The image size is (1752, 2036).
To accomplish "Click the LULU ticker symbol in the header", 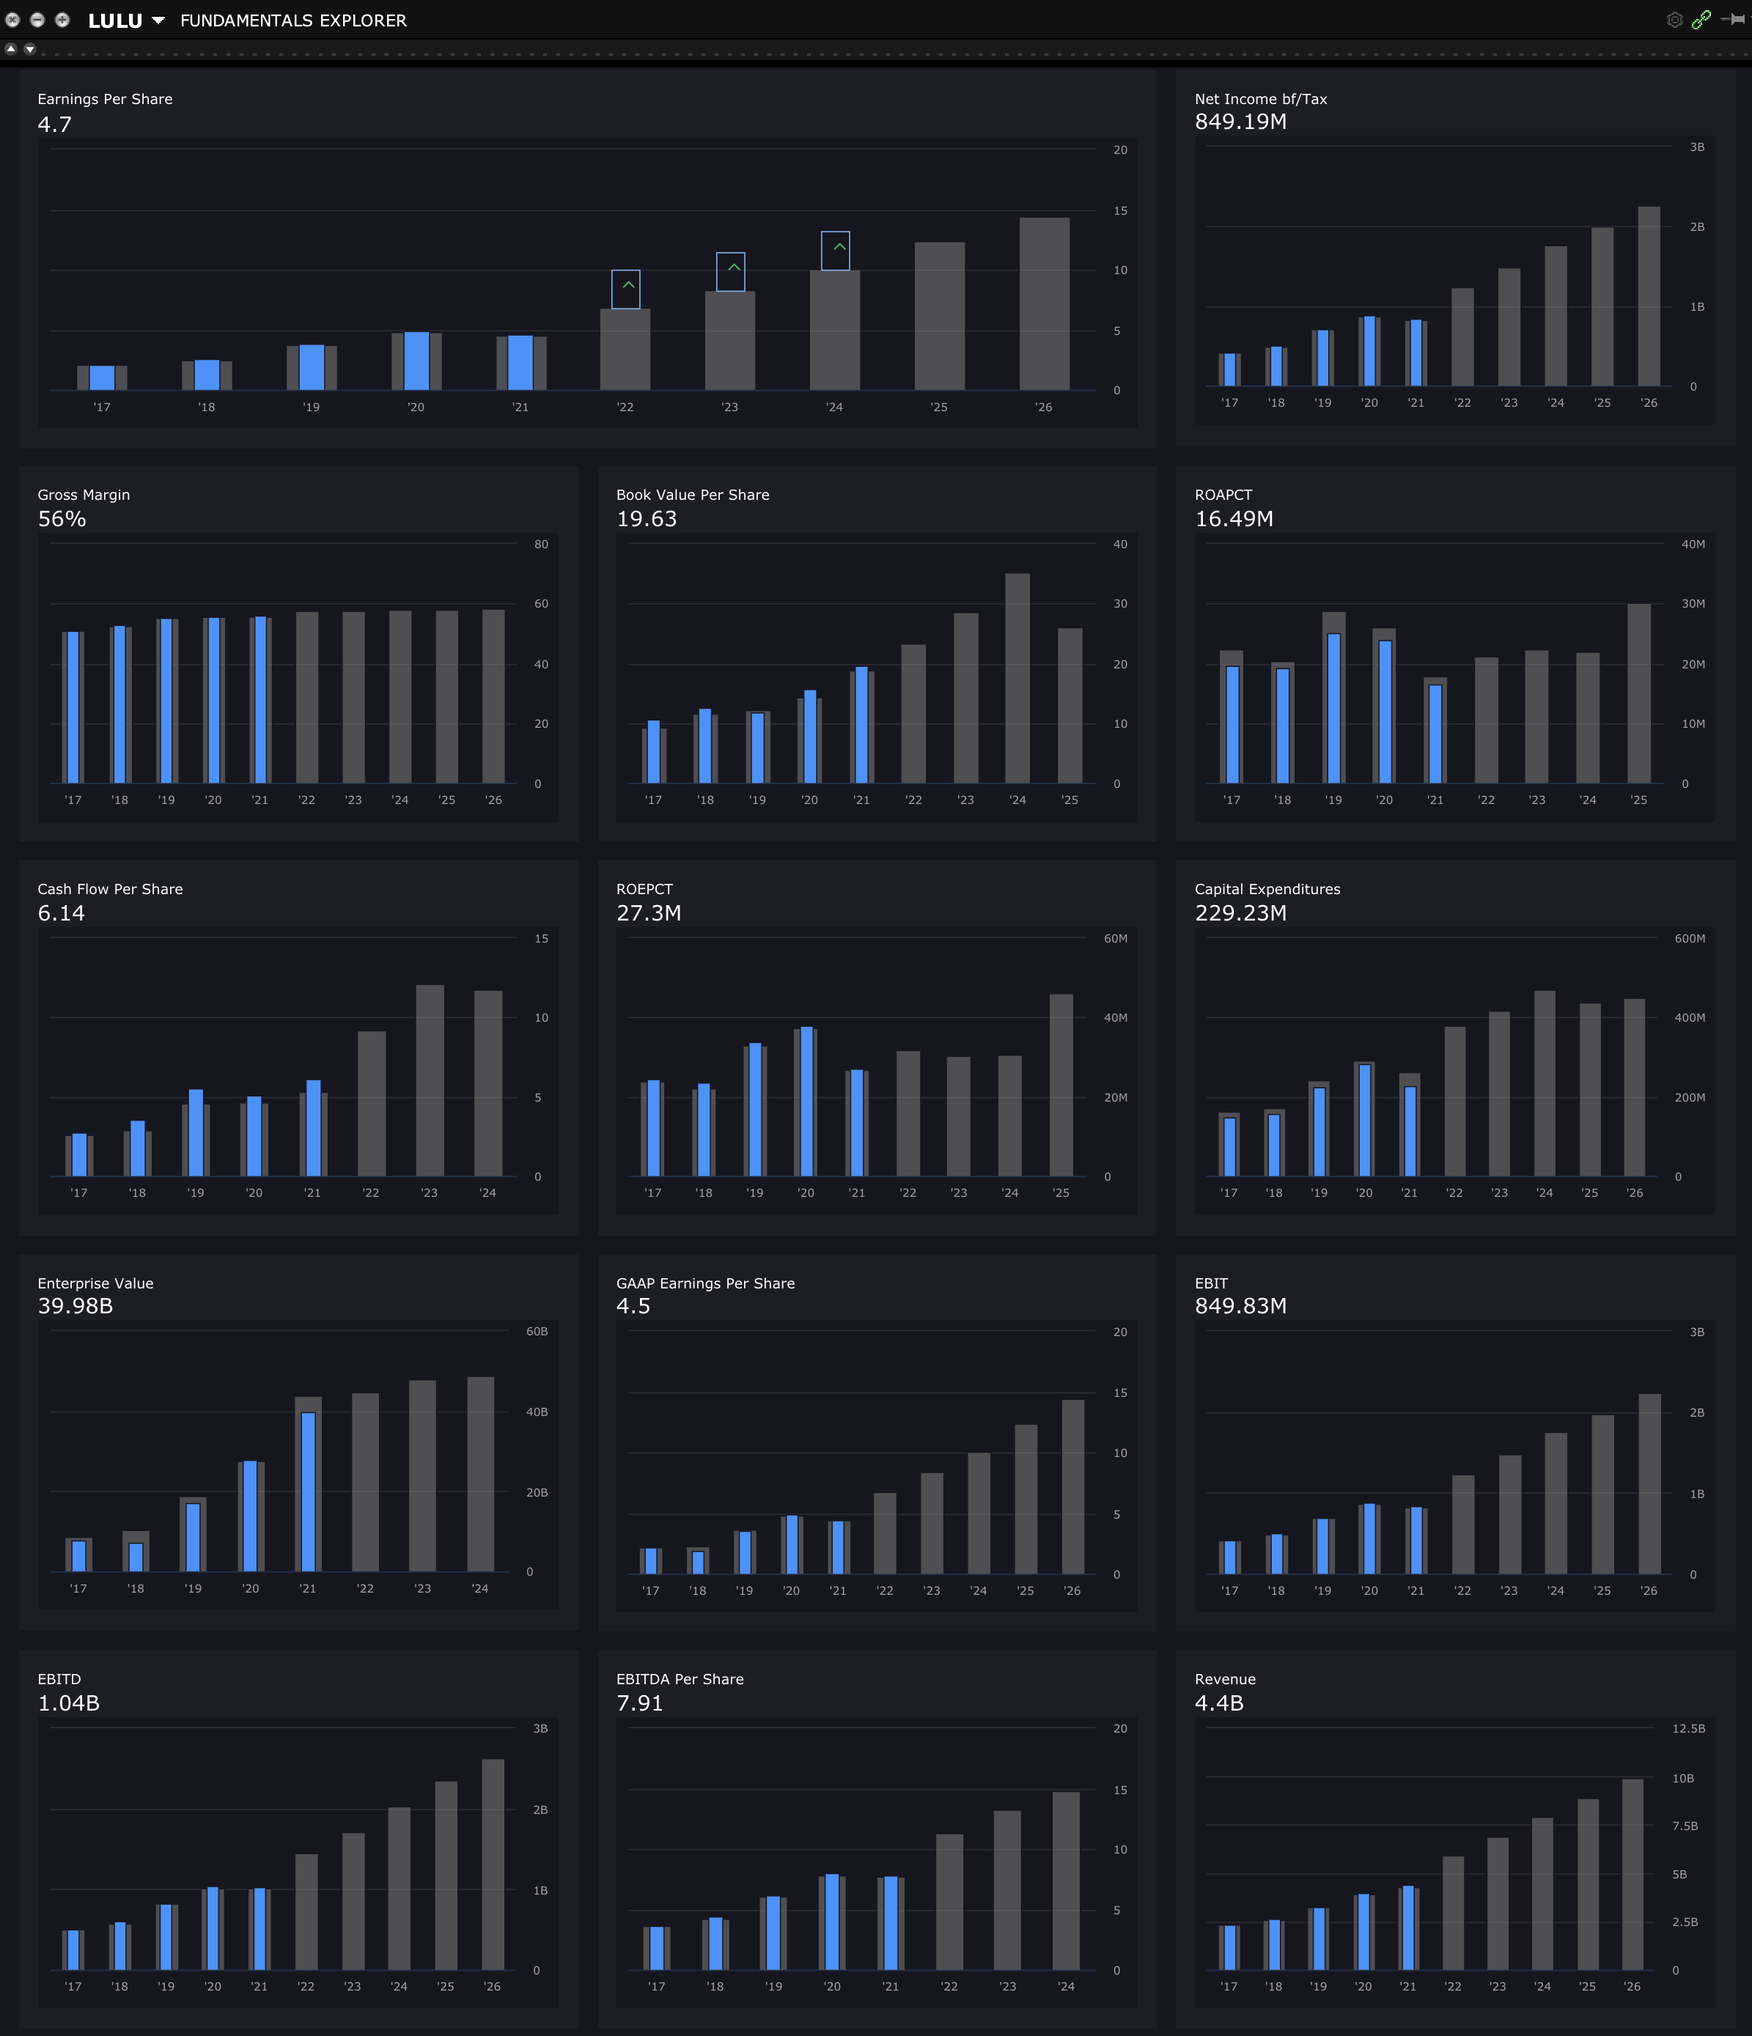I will (x=115, y=21).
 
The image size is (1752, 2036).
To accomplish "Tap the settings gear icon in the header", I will (x=1674, y=20).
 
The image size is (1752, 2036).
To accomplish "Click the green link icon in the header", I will (x=1701, y=20).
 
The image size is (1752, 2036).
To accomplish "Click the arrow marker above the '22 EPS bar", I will (x=626, y=289).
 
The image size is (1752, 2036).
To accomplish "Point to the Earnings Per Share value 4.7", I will (x=55, y=125).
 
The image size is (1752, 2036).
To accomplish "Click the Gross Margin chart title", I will (x=84, y=494).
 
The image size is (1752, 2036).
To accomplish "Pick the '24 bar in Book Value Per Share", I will (x=1017, y=678).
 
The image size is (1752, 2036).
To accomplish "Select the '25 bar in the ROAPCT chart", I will (x=1638, y=693).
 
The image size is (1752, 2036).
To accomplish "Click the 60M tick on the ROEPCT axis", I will (x=1115, y=938).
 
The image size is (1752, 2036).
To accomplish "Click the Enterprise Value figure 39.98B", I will (x=76, y=1306).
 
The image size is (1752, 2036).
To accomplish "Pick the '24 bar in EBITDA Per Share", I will (x=1065, y=1881).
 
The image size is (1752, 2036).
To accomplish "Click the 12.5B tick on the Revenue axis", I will (x=1688, y=1728).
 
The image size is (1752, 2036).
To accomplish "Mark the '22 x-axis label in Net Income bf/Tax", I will (x=1462, y=403).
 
